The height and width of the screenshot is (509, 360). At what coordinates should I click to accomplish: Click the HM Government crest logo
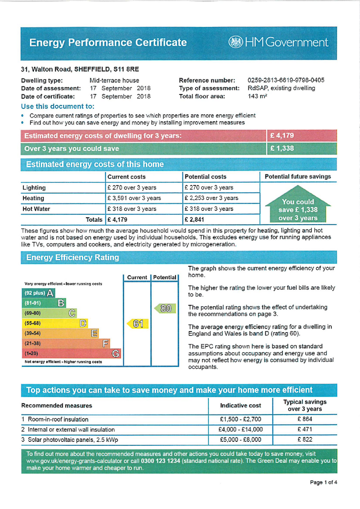(235, 42)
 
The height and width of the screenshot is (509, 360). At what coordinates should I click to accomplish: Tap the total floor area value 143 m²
(257, 96)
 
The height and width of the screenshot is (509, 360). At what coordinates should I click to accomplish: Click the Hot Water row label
(36, 209)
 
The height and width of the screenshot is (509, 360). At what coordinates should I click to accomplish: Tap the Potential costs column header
(205, 176)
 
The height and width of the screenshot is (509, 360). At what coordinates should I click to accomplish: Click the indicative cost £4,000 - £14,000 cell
(240, 429)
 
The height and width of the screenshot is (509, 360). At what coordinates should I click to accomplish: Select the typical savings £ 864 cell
(305, 419)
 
